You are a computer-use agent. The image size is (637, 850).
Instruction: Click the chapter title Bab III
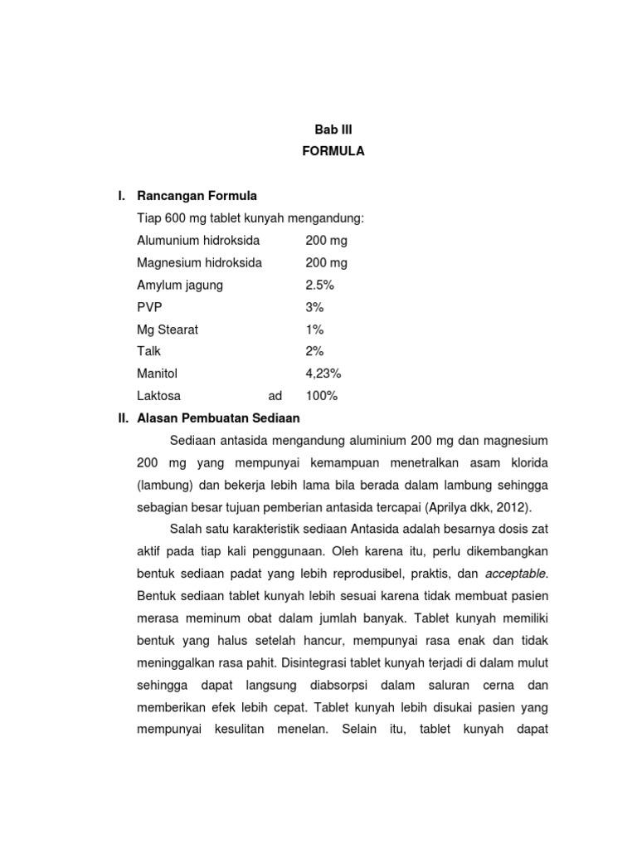click(333, 129)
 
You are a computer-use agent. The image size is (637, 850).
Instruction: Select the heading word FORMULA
click(333, 151)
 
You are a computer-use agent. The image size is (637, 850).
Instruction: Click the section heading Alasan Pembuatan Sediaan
click(218, 418)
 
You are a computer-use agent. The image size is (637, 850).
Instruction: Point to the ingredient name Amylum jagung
click(180, 285)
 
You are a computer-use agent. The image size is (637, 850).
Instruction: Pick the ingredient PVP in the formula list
click(149, 307)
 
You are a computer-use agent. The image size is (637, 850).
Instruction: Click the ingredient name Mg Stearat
click(168, 330)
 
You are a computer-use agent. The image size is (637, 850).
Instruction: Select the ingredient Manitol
click(158, 374)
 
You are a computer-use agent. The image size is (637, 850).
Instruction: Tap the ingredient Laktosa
click(158, 396)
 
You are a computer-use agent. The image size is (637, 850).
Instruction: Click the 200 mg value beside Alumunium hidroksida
click(326, 241)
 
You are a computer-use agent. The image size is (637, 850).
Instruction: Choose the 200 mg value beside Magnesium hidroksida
click(326, 262)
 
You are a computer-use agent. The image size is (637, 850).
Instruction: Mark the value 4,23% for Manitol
click(323, 374)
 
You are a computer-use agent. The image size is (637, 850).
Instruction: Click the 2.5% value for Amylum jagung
click(319, 285)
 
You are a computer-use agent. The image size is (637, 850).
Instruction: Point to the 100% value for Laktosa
click(322, 396)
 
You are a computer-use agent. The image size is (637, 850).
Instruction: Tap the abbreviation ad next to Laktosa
click(275, 396)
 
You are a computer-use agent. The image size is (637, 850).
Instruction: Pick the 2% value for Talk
click(314, 351)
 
